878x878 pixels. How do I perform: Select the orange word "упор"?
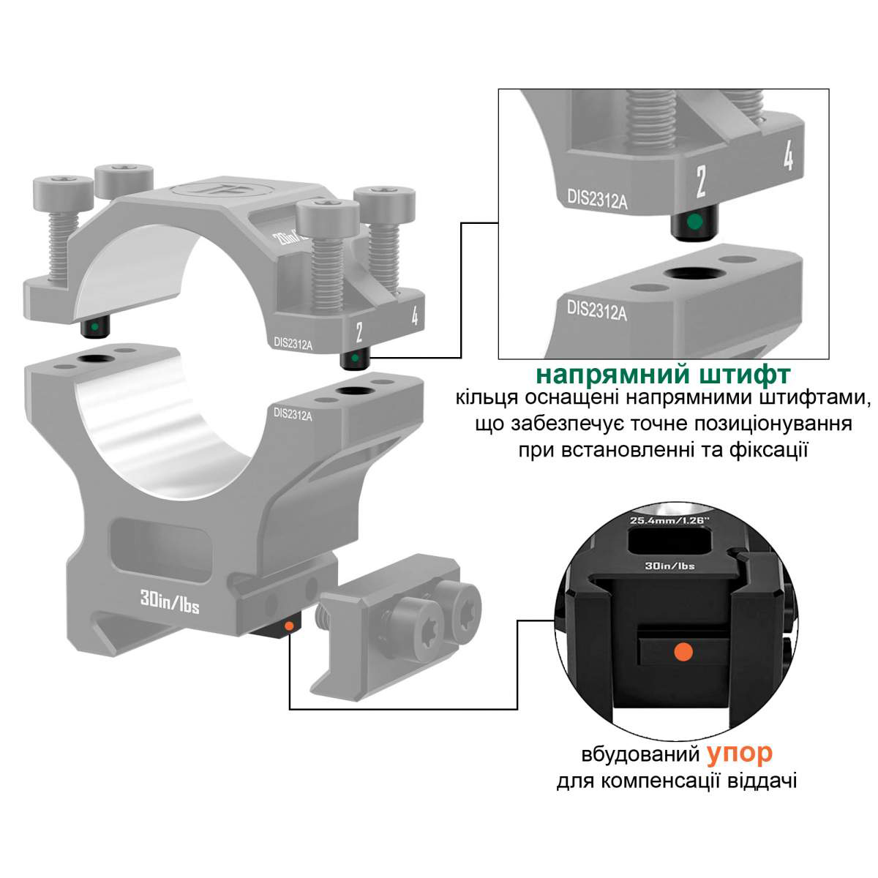pos(740,754)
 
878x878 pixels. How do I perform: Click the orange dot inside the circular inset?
pos(683,651)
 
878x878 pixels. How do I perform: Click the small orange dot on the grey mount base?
pos(288,626)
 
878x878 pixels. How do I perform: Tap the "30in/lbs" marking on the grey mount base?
pos(170,602)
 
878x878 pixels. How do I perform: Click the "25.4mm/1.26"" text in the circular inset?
pos(669,520)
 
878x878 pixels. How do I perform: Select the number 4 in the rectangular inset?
pos(788,155)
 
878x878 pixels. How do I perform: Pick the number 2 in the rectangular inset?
pos(702,181)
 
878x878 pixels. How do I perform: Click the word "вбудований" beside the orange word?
pos(640,754)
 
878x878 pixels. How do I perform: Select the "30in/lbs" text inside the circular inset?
pos(669,566)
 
